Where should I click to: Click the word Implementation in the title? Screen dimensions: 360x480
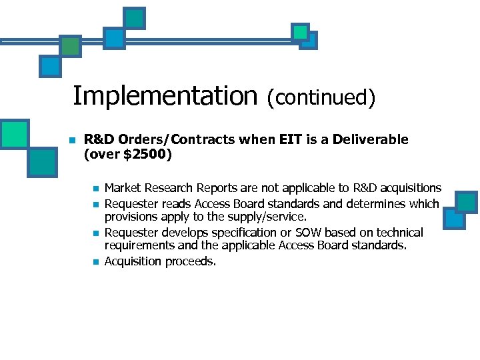pos(164,97)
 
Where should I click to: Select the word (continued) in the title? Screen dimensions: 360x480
pos(321,98)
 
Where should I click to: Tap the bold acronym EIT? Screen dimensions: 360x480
pos(291,140)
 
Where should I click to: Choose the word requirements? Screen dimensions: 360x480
pos(138,247)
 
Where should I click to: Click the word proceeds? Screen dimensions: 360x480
pos(190,261)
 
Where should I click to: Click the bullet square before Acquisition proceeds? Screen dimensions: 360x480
pos(96,262)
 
